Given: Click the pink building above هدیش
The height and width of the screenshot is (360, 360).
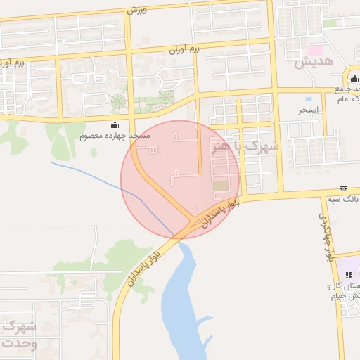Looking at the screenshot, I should pos(316,51).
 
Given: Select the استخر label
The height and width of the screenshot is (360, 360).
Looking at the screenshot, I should pos(309,110).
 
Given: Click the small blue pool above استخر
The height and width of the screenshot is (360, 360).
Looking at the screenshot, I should pos(309,99).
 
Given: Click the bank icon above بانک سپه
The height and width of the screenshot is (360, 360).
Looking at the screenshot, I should pos(343,188).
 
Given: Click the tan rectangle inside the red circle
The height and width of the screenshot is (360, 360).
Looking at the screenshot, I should pos(221,186).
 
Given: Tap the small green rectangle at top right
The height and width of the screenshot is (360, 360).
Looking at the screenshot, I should pos(330,23).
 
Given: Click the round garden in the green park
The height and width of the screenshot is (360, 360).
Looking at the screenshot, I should pos(118,101).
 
